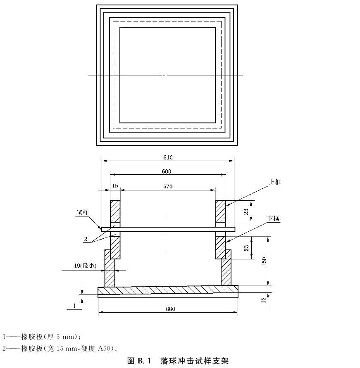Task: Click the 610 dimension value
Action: tap(168, 157)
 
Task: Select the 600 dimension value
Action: tap(167, 171)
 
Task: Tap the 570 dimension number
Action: tap(168, 187)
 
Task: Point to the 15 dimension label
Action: tap(115, 186)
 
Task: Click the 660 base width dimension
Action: tap(170, 309)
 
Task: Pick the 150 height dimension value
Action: tap(264, 261)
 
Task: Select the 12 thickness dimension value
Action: tap(263, 300)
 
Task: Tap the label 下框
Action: tap(274, 218)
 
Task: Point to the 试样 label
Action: tap(83, 213)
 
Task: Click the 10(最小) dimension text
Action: tap(85, 266)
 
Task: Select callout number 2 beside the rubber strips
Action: tap(86, 239)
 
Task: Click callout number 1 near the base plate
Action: tap(74, 306)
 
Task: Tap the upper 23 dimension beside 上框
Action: tap(246, 212)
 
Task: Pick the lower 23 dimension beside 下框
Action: tap(246, 248)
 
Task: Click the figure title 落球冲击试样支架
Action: tap(194, 361)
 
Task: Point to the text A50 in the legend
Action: tap(104, 348)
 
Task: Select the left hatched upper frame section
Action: tap(115, 211)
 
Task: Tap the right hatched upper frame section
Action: tap(221, 211)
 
